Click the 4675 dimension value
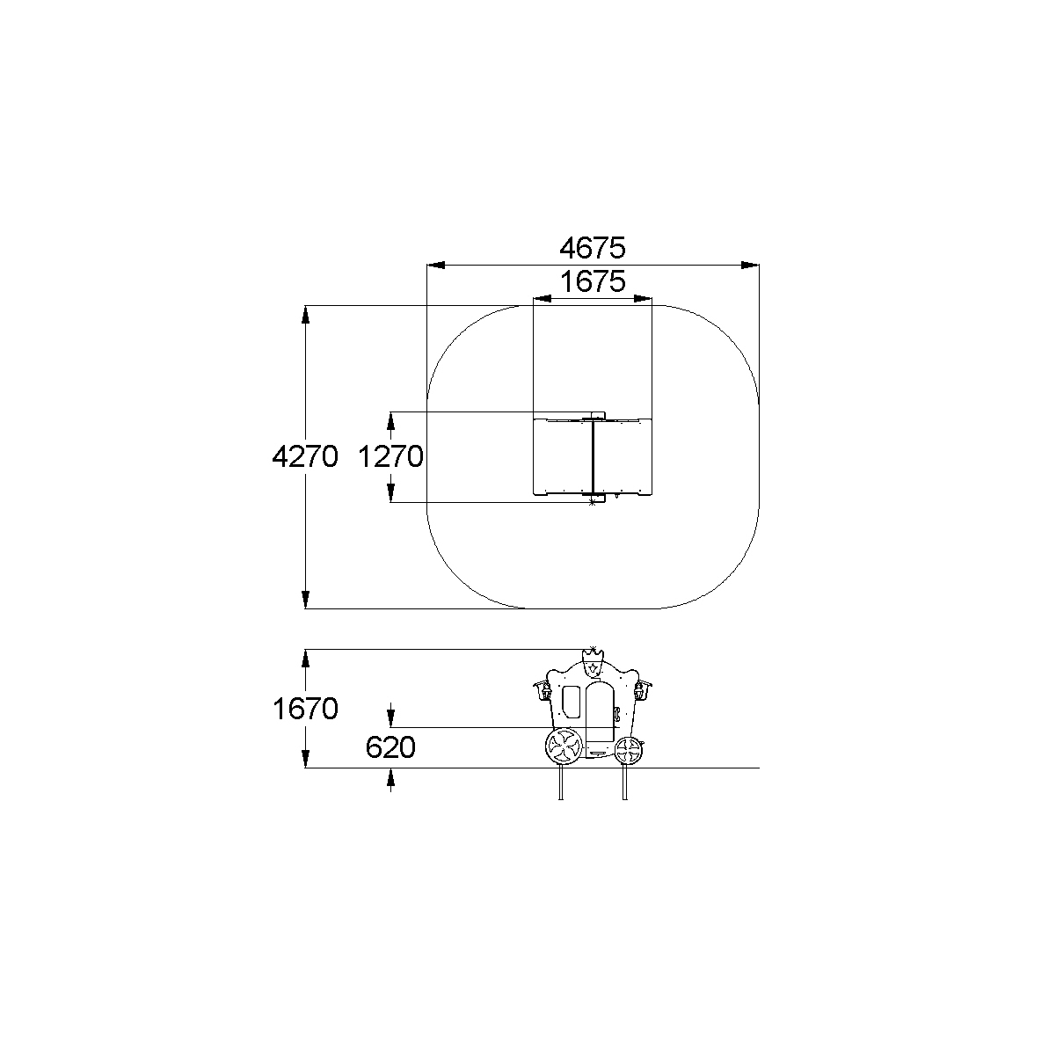592,248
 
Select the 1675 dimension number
593,282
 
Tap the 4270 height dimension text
305,456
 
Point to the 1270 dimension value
390,456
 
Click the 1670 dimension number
305,709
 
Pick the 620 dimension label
390,747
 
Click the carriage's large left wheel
564,746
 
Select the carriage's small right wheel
628,751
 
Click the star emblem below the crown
593,668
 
